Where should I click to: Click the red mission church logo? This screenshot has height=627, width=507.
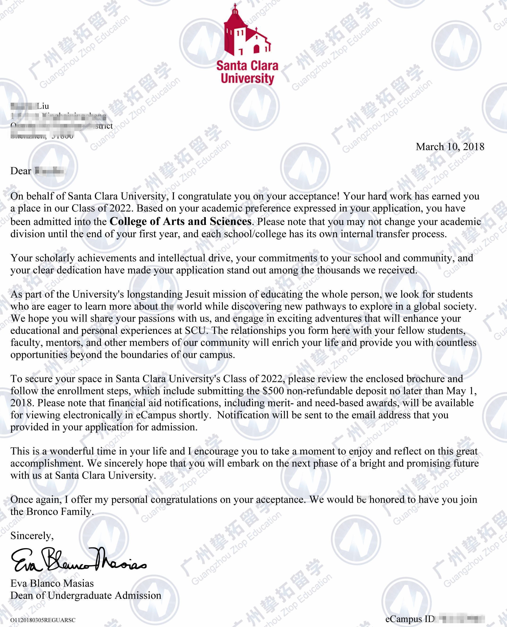click(x=247, y=31)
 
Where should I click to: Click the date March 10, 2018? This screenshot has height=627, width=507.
click(x=450, y=147)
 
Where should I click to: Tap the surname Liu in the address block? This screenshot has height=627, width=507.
click(x=43, y=106)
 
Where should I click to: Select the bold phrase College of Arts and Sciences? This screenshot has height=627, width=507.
click(x=180, y=221)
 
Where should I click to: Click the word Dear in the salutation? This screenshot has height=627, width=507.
click(x=21, y=171)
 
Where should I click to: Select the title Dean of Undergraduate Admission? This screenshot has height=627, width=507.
click(x=86, y=595)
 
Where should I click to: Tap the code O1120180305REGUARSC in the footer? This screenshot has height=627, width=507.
click(x=43, y=620)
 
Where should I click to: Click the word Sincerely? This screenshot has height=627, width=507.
click(x=32, y=536)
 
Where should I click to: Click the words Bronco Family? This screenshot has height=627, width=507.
click(x=59, y=512)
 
